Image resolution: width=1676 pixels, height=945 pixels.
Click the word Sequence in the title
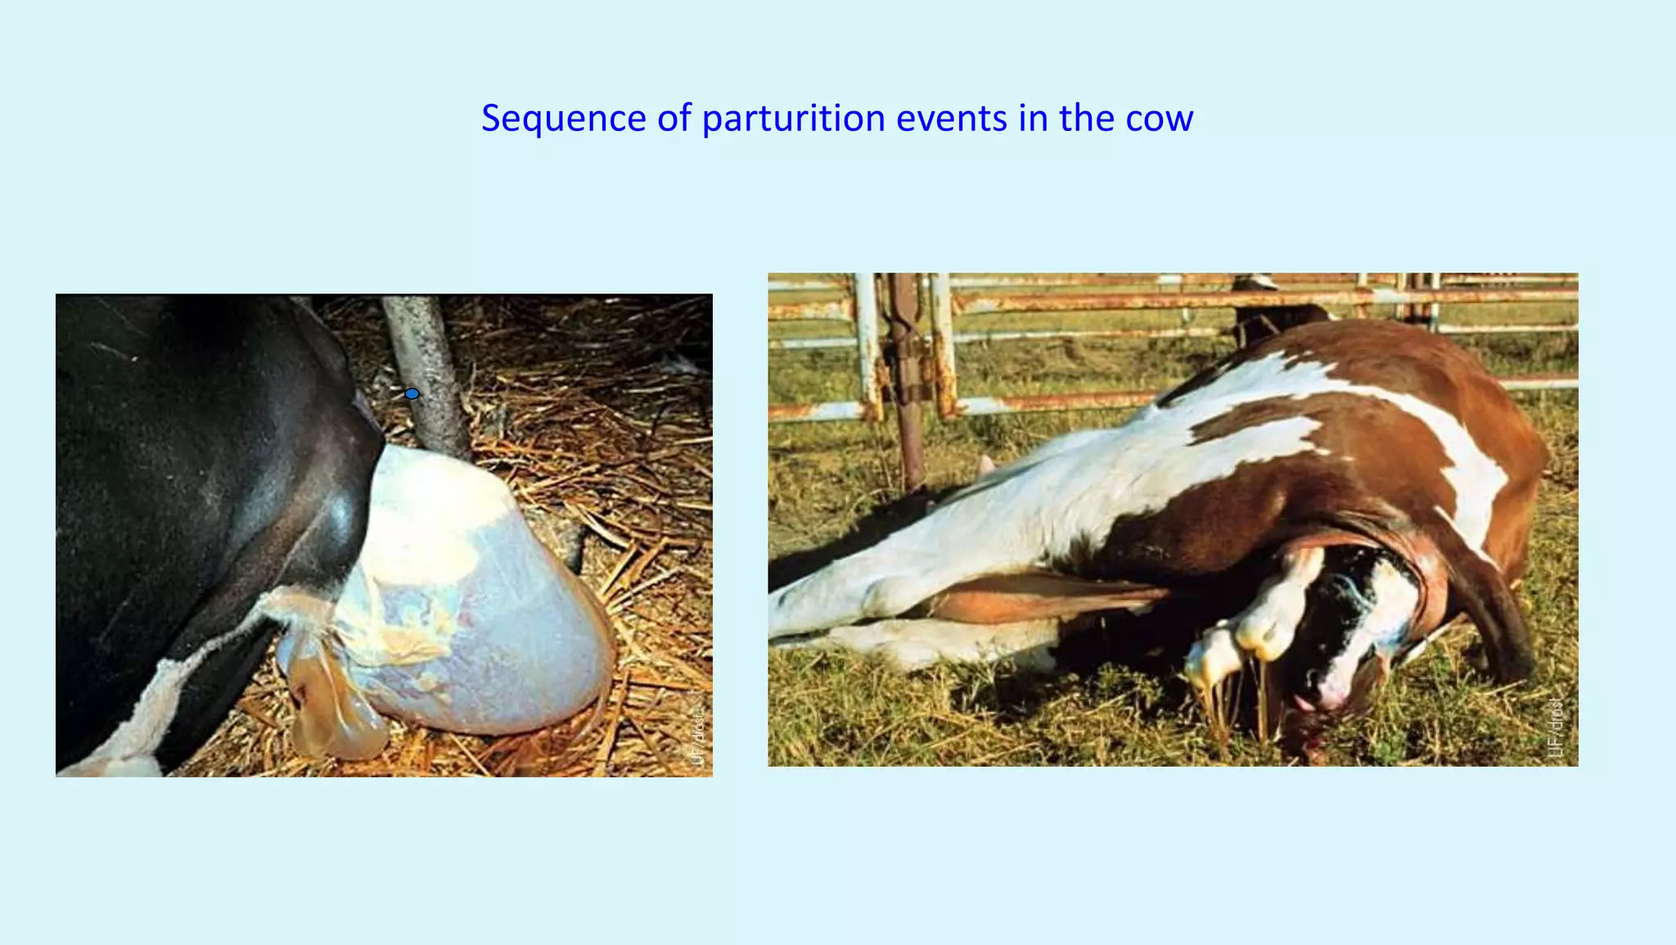pos(563,119)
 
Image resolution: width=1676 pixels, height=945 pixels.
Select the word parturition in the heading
pos(793,119)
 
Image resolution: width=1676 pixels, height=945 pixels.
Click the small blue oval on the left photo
pos(412,394)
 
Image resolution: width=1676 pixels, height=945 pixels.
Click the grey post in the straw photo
pos(426,368)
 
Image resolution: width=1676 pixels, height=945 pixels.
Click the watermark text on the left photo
pos(697,736)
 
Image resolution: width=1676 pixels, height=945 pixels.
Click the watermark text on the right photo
pos(1557,728)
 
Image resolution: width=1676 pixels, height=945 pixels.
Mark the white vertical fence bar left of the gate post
pos(866,344)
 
